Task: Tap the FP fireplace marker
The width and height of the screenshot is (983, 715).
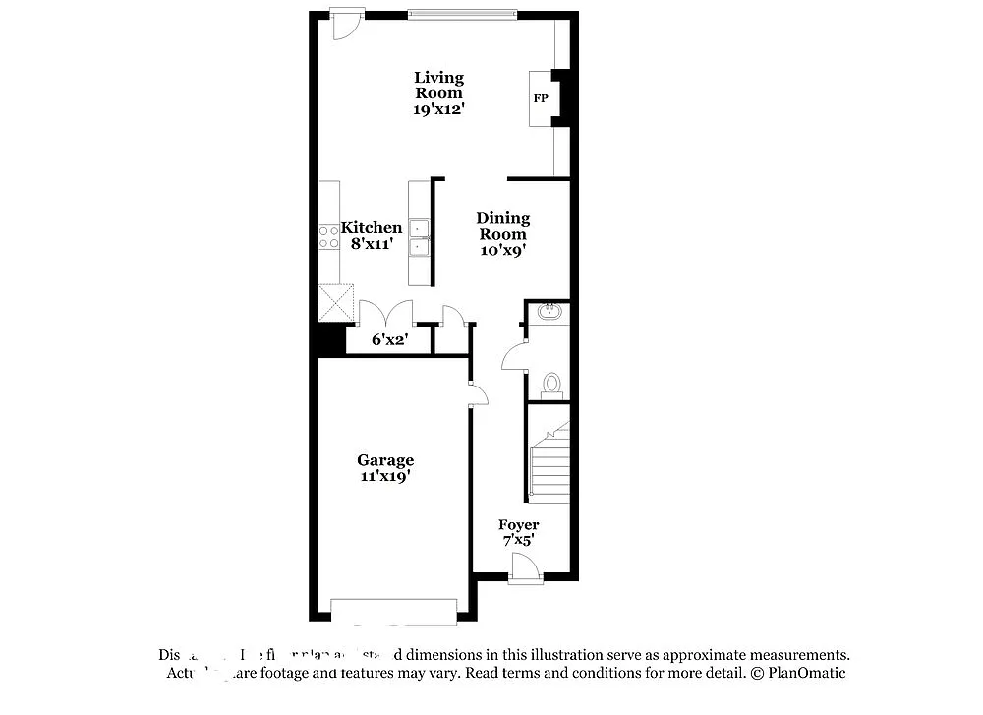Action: (x=541, y=99)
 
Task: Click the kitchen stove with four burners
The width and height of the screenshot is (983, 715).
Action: (x=328, y=236)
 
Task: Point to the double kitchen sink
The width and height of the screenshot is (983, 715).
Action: (x=420, y=237)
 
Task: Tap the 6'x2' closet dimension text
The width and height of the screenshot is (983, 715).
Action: (x=388, y=339)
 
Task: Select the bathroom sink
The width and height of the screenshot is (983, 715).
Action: (x=549, y=313)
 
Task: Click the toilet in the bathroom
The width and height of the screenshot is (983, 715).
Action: (x=550, y=384)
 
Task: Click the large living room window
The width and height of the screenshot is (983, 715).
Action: (x=462, y=14)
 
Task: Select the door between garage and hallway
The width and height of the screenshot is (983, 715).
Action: (x=477, y=395)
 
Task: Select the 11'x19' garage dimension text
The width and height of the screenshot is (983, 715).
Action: (x=384, y=476)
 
